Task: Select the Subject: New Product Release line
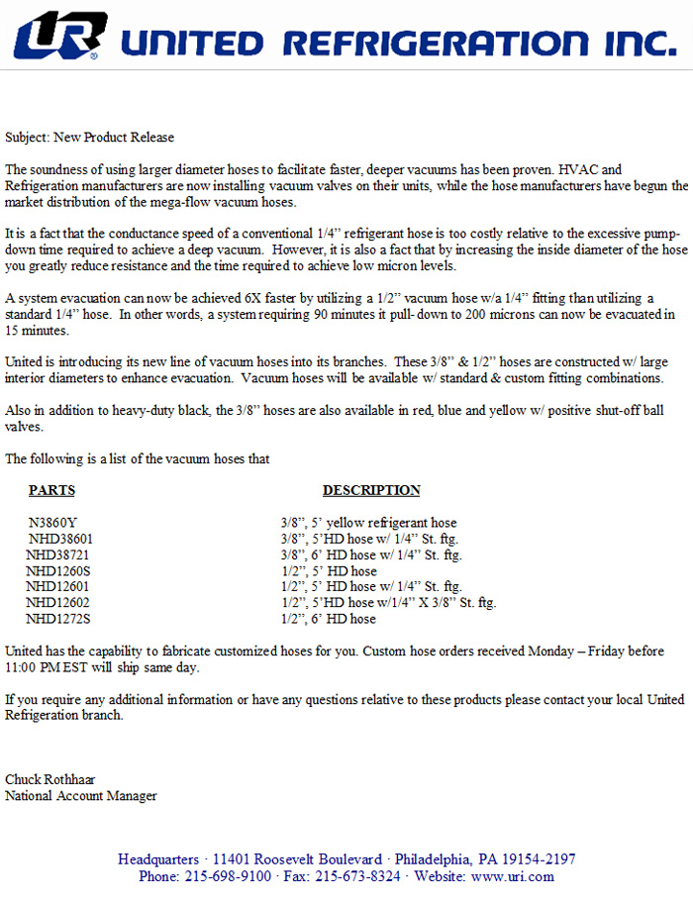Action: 89,137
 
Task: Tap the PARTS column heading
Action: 51,490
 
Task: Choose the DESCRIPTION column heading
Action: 371,490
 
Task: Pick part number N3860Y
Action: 52,523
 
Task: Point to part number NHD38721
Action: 59,554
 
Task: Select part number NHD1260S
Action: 58,570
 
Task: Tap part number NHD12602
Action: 57,603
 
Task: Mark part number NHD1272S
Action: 58,619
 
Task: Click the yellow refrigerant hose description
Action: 368,523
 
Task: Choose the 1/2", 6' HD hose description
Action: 329,619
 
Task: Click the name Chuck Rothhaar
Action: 50,779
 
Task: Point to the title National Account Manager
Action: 81,795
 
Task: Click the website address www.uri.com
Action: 514,876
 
